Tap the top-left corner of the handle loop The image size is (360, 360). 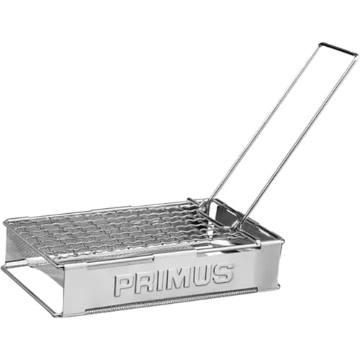[x=320, y=45]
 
